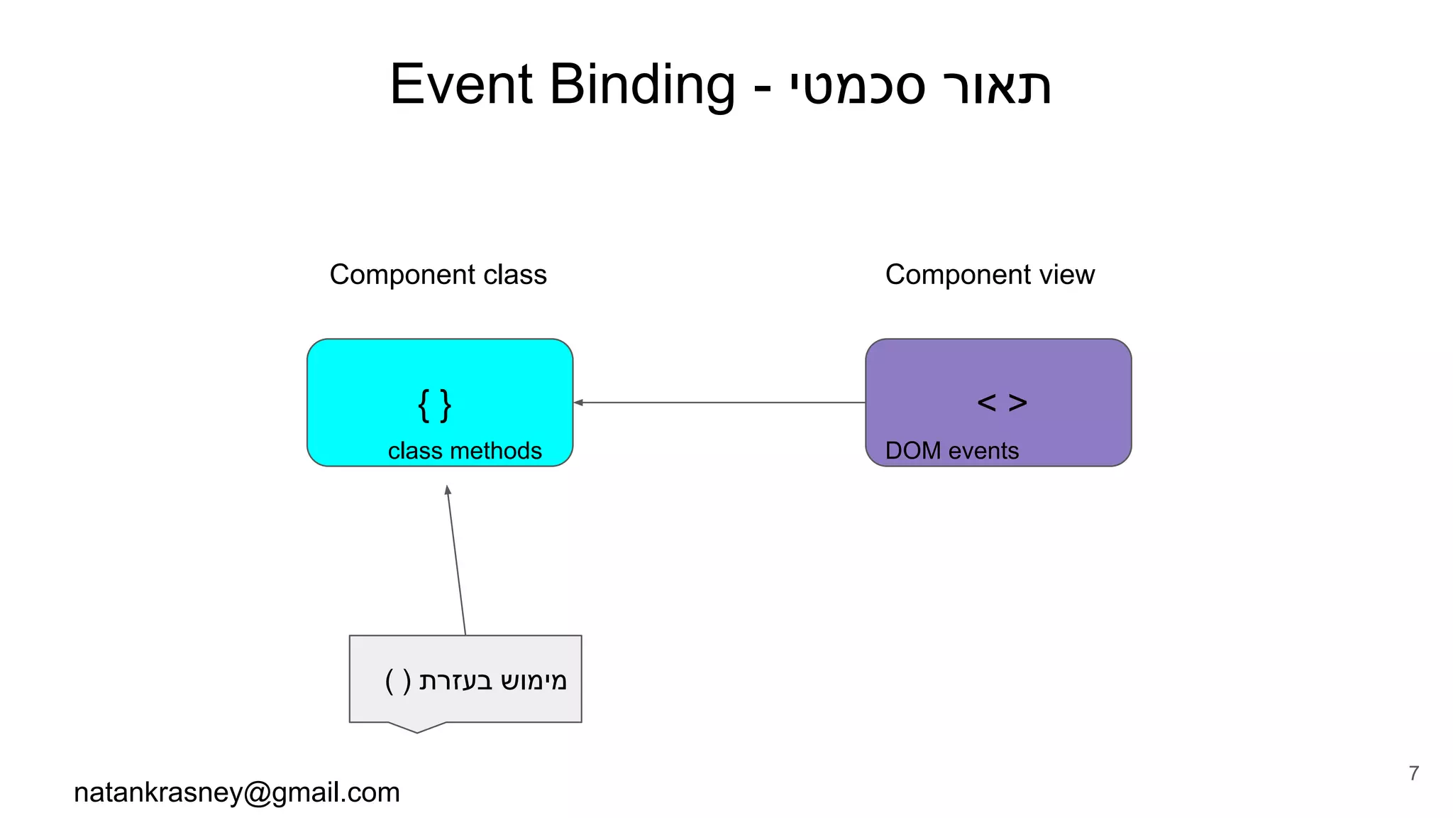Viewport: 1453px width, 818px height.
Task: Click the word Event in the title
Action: [460, 84]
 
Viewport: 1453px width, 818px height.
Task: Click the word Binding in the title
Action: [642, 84]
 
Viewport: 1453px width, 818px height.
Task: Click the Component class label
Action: [438, 275]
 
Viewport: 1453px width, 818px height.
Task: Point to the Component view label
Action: [990, 275]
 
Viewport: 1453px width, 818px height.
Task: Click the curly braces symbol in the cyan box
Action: [434, 405]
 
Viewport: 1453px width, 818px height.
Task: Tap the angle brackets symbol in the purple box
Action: [1002, 403]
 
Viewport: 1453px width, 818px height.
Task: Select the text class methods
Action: [465, 451]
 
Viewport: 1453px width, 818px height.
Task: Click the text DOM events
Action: [951, 451]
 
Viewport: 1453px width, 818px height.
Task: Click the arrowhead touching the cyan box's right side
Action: [578, 403]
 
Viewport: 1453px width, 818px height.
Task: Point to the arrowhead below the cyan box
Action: [448, 490]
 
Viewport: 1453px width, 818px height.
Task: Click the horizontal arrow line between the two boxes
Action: [720, 403]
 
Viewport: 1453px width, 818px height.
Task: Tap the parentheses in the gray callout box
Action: [398, 681]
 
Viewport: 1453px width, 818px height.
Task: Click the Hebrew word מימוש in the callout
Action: [534, 681]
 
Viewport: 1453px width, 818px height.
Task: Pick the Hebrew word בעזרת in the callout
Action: [455, 681]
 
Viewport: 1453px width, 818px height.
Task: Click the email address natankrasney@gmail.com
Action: [237, 792]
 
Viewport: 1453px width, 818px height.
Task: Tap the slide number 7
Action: [1414, 773]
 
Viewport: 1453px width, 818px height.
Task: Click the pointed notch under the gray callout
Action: [417, 728]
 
